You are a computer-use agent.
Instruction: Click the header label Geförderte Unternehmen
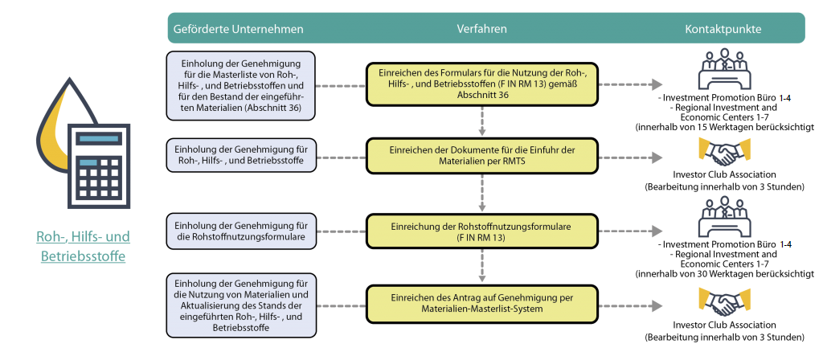pos(238,30)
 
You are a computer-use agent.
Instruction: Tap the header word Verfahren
pos(482,29)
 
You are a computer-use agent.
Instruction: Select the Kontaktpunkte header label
pos(723,30)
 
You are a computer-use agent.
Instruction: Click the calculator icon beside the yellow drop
pos(99,166)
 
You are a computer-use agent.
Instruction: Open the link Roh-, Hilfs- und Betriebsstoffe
pos(83,247)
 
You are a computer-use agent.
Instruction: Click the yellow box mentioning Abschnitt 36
pos(482,84)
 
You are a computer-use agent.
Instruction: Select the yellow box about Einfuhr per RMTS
pos(482,156)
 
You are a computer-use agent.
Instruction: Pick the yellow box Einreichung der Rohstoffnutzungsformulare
pos(482,231)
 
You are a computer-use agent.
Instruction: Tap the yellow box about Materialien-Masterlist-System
pos(482,303)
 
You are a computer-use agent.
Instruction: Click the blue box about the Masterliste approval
pos(241,84)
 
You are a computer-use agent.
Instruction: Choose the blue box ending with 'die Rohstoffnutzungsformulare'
pos(241,231)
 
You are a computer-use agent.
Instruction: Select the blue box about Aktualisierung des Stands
pos(241,305)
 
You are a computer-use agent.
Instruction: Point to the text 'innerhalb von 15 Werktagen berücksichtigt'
pos(724,127)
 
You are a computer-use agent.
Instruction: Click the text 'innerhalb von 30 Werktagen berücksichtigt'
pos(724,273)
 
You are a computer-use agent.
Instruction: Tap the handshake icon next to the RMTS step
pos(724,153)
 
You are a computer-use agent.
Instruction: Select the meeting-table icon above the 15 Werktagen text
pos(724,71)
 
